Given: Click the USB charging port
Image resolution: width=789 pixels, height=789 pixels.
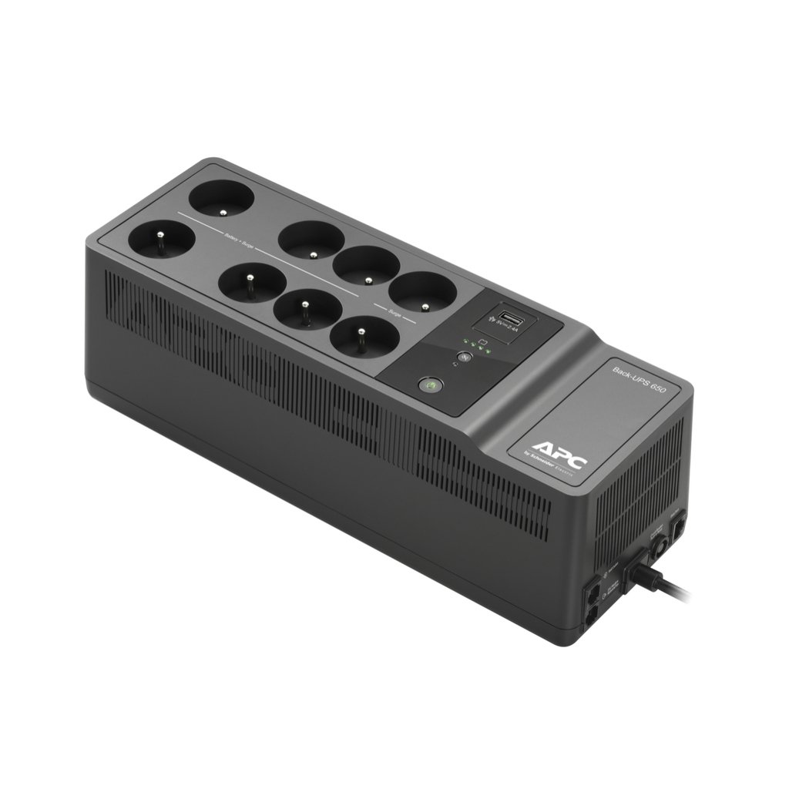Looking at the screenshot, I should [508, 317].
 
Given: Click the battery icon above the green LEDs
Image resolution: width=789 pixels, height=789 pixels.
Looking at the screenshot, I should [482, 339].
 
